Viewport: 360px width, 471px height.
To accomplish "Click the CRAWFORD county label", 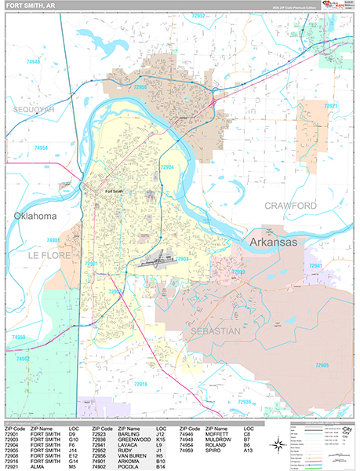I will click(x=289, y=206).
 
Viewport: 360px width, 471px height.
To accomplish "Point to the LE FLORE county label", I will click(x=50, y=256).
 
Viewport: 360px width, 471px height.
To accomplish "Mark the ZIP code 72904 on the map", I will click(x=167, y=167).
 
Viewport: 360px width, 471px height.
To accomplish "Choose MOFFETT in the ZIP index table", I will click(x=219, y=433).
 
